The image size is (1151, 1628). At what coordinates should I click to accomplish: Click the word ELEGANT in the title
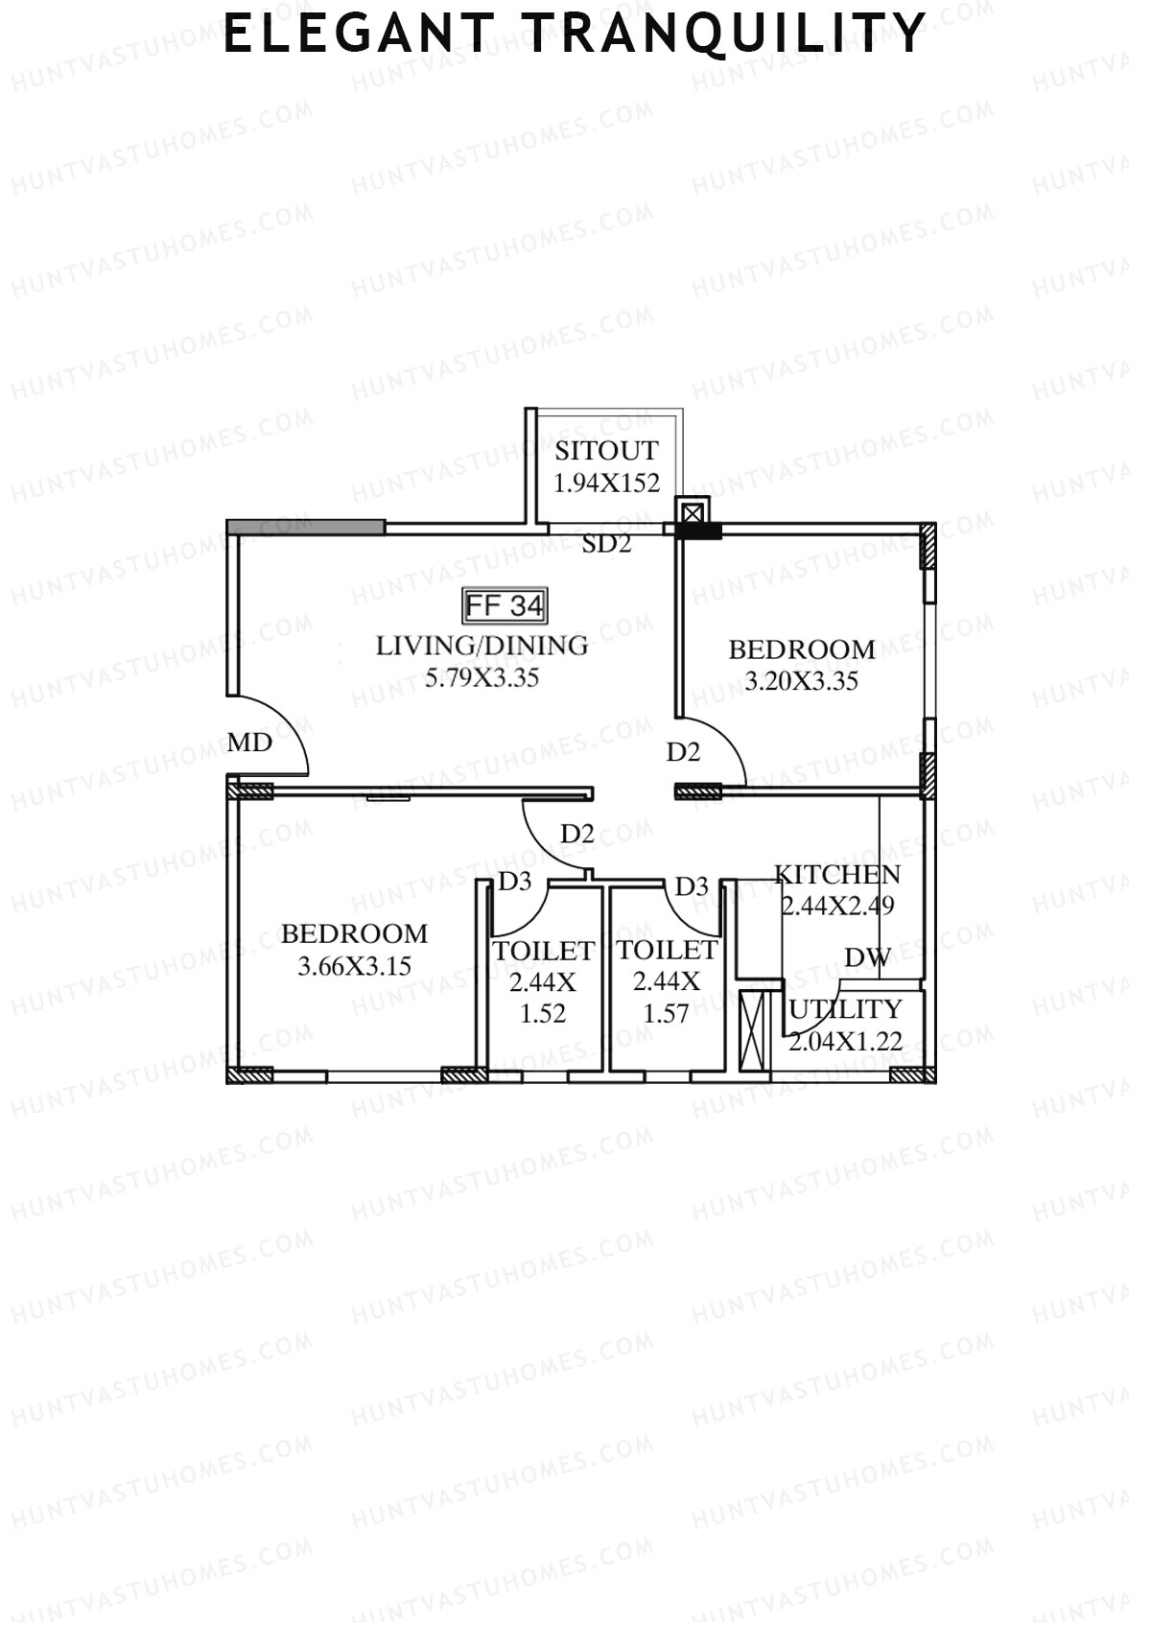pos(359,34)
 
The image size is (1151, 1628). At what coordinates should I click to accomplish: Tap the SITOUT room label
pos(606,451)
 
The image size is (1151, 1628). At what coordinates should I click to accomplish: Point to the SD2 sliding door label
pos(606,545)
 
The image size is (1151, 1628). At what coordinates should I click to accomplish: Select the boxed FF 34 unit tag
pos(505,605)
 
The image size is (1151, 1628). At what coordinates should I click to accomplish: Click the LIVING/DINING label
pos(482,646)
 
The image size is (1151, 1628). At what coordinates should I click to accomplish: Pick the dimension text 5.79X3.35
pos(482,678)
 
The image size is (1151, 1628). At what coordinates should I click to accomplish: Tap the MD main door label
pos(249,743)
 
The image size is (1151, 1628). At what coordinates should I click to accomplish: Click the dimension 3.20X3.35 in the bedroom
pos(801,682)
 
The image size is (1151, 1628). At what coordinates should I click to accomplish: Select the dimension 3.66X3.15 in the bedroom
pos(354,966)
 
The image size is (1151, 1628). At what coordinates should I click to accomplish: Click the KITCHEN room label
pos(837,874)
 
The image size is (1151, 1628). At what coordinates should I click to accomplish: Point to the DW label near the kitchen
pos(867,956)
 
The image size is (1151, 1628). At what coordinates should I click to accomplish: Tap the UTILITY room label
pos(845,1009)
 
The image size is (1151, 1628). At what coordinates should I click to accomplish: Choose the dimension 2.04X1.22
pos(845,1041)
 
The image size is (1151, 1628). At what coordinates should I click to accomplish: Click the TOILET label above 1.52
pos(543,951)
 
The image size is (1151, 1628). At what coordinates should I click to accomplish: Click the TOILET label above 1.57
pos(667,951)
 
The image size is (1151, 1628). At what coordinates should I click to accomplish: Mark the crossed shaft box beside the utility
pos(755,1031)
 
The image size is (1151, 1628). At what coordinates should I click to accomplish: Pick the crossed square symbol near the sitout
pos(693,511)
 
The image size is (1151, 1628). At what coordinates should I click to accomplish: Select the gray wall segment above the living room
pos(306,527)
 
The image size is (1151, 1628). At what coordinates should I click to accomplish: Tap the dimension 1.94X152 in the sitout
pos(606,483)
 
